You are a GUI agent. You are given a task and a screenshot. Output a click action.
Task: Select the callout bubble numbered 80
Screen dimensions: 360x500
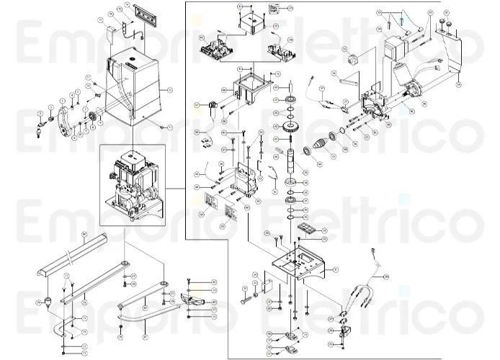(x=214, y=281)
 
